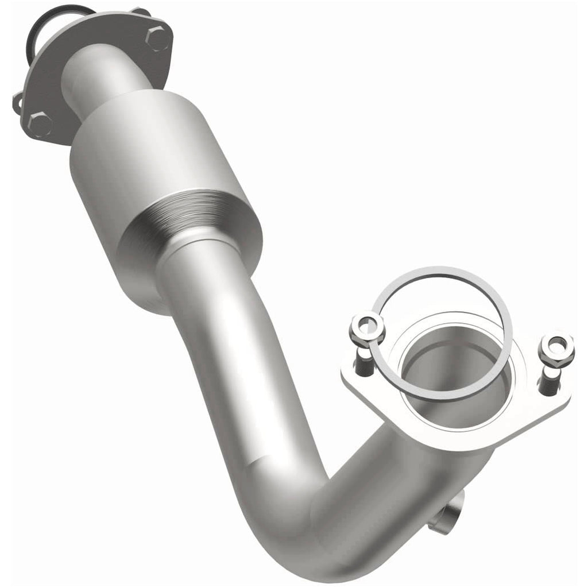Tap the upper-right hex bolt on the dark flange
click(157, 38)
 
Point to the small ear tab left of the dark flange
click(18, 103)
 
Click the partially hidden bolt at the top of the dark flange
click(140, 11)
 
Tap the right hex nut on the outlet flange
click(556, 348)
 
